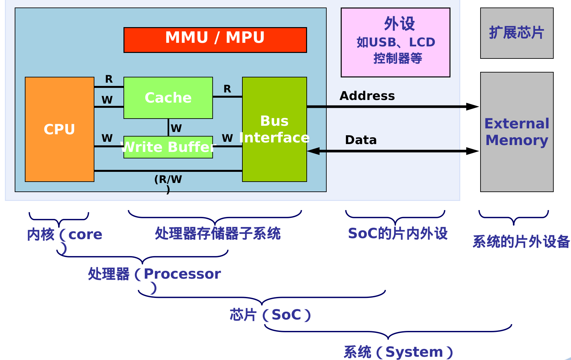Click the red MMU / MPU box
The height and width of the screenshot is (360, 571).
pos(215,40)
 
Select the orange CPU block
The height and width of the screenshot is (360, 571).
pos(59,129)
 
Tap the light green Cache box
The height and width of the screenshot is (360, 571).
pos(168,98)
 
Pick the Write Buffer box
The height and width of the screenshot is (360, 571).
pos(168,147)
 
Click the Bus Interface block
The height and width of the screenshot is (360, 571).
pos(274,129)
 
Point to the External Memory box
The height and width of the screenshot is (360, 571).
pos(517,132)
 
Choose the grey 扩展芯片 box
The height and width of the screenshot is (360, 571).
pos(517,33)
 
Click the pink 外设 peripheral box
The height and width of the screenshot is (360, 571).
pos(395,42)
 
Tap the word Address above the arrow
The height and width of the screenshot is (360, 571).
pos(367,96)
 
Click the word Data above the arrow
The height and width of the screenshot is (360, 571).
pos(361,140)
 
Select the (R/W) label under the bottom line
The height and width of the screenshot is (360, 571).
pos(168,180)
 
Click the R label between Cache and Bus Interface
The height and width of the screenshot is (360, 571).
pos(227,89)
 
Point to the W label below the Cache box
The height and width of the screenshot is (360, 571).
pos(176,128)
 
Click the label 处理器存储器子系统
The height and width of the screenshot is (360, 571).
pos(218,234)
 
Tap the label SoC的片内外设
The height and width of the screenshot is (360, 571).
pos(398,234)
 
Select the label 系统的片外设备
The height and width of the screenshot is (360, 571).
pos(521,242)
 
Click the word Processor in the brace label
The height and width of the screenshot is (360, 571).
pos(182,274)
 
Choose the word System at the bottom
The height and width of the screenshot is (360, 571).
pos(414,352)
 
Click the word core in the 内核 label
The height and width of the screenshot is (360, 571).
pos(85,235)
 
